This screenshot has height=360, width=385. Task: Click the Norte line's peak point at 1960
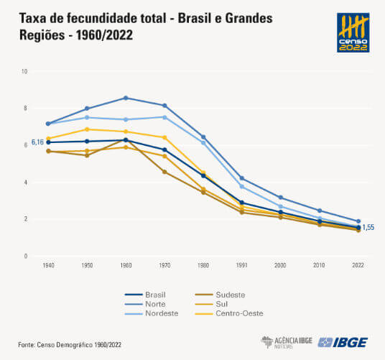coord(126,98)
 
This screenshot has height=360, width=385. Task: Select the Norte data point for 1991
coord(242,178)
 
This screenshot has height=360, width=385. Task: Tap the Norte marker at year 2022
coord(358,221)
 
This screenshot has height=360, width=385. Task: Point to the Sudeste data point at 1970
coord(164,172)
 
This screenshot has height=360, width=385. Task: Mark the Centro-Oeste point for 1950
coord(87,129)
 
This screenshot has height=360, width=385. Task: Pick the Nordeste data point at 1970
coord(164,117)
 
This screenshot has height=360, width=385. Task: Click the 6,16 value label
coord(37,143)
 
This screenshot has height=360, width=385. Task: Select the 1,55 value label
coord(368,227)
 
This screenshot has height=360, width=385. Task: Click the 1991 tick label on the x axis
coord(242,265)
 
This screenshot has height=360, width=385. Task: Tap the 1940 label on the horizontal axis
coord(48,265)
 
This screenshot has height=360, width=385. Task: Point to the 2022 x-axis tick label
coord(358,265)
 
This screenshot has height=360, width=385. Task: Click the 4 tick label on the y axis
coord(25,183)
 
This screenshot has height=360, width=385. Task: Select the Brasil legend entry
coord(147,294)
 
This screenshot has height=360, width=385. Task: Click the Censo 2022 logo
coord(353,32)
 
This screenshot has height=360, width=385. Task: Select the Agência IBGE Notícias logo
coord(285,341)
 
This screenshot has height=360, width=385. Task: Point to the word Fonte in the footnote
coord(27,343)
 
